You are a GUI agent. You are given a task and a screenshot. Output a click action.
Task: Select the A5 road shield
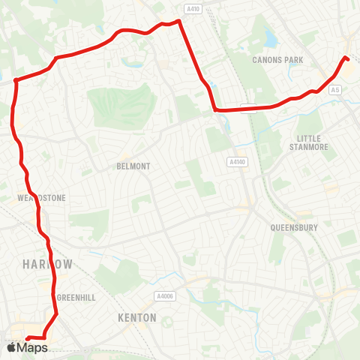coord(335,90)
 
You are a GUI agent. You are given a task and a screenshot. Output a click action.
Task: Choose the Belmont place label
coord(133,166)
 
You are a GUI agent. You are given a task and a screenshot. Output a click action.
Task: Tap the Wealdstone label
coord(41,198)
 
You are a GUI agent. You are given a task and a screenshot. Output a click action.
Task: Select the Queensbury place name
coord(293,227)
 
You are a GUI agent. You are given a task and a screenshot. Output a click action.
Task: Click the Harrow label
coord(48,265)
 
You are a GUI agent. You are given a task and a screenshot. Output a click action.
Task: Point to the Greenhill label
coord(76,298)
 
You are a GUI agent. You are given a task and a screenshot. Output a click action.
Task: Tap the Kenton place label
coord(137,318)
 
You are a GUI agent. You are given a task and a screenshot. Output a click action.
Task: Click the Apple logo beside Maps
coord(10,347)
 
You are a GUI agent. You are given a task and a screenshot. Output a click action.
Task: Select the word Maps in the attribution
coord(33,347)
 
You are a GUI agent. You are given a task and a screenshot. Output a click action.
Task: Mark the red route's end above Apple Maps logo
coord(27,337)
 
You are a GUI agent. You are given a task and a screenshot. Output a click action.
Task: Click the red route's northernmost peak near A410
coord(179,21)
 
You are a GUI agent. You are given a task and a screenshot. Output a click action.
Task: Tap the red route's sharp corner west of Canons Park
coord(215,110)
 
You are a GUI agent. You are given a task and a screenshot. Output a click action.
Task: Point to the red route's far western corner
coord(15,79)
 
